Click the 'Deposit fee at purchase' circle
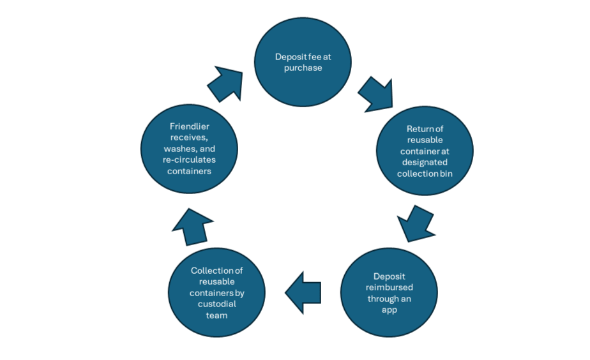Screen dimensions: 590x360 303,62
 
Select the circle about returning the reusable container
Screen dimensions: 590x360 425,151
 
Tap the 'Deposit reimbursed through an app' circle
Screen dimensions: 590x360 389,292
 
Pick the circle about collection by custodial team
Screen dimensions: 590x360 216,292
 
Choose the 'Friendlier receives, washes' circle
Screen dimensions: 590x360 189,149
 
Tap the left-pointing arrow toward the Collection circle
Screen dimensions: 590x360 303,293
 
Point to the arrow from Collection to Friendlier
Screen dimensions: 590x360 192,227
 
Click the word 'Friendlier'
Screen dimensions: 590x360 189,126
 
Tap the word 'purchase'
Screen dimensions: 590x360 303,68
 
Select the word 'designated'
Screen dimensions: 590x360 425,163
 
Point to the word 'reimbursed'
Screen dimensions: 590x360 389,287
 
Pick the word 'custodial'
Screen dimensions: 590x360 216,304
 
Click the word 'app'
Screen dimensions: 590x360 389,310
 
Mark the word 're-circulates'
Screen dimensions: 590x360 189,160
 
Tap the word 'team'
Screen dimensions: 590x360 216,315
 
